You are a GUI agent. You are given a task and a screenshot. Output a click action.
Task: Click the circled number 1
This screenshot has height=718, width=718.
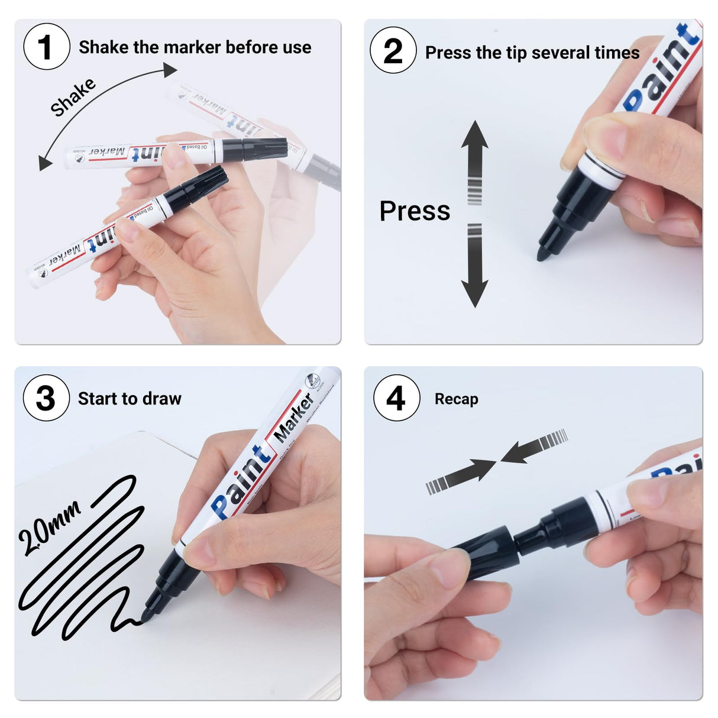(x=46, y=47)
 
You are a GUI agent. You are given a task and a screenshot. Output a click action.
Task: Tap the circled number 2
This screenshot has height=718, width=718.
(x=393, y=50)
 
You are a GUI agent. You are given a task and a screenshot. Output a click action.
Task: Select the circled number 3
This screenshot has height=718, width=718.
(x=46, y=398)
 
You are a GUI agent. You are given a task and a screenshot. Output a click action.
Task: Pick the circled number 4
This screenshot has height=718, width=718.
(x=396, y=398)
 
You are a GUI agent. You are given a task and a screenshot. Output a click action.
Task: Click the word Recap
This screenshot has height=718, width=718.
(x=456, y=399)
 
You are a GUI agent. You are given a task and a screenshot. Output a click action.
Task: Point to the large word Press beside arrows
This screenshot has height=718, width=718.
(x=415, y=211)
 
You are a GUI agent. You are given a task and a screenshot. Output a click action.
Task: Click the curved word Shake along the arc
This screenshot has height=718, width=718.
(x=73, y=97)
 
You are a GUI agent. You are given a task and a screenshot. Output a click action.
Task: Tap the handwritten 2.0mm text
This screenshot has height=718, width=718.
(x=48, y=528)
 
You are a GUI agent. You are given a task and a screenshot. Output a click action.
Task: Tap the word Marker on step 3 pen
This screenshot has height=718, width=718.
(x=294, y=418)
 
